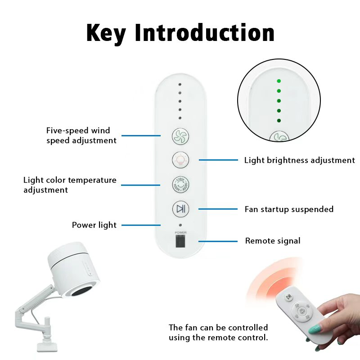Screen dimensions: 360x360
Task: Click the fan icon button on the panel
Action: [180, 136]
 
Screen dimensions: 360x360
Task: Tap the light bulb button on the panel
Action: [180, 160]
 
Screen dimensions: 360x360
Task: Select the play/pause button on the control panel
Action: [180, 209]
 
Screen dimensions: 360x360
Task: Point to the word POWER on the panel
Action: [180, 233]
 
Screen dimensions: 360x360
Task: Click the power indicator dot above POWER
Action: [180, 225]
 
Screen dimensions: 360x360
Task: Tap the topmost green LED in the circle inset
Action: [279, 81]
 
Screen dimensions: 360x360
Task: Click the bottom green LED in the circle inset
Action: [279, 121]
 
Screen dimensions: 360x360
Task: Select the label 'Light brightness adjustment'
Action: [299, 160]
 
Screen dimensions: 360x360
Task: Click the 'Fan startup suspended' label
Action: [289, 209]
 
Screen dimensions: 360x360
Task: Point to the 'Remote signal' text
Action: [273, 241]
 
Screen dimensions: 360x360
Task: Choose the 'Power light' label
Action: [94, 225]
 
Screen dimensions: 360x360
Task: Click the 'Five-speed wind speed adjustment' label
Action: [81, 135]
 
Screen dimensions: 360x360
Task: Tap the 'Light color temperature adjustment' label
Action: [70, 185]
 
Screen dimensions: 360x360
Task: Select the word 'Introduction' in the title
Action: [205, 32]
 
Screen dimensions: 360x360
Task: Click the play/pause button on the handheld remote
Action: [289, 297]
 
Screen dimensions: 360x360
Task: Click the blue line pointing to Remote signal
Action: [218, 241]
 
